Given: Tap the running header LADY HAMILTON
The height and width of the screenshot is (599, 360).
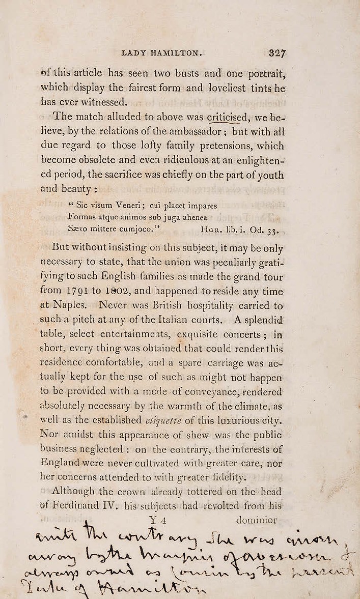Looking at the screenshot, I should (x=162, y=52).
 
